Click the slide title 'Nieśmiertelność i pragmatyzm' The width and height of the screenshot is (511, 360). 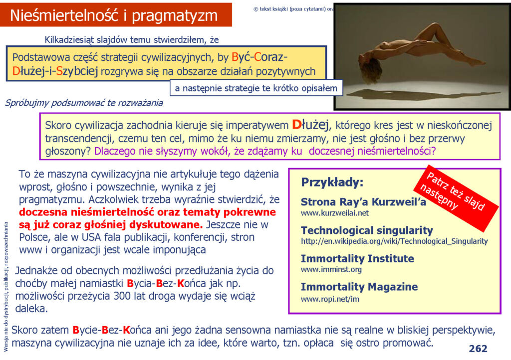click(114, 15)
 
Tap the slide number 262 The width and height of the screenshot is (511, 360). click(478, 349)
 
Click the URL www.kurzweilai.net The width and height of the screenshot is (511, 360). click(335, 213)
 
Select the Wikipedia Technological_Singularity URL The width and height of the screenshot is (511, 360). click(394, 241)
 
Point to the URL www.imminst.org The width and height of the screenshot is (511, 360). click(331, 270)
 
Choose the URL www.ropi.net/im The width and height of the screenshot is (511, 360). click(330, 299)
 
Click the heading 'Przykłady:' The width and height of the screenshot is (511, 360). click(332, 182)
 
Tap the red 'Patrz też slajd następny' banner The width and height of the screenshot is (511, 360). click(456, 197)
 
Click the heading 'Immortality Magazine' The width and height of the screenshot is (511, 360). click(359, 287)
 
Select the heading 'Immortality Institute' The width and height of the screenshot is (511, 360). click(357, 258)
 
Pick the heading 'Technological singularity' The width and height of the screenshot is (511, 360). click(367, 230)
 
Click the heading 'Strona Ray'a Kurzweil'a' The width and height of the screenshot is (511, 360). click(363, 202)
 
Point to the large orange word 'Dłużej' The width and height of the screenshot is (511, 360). click(310, 125)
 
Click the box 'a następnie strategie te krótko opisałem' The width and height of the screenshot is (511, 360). click(256, 88)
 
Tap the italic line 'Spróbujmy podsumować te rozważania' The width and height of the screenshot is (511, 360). click(84, 103)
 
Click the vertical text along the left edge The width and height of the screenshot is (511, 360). click(5, 287)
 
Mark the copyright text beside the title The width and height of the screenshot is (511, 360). click(293, 9)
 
